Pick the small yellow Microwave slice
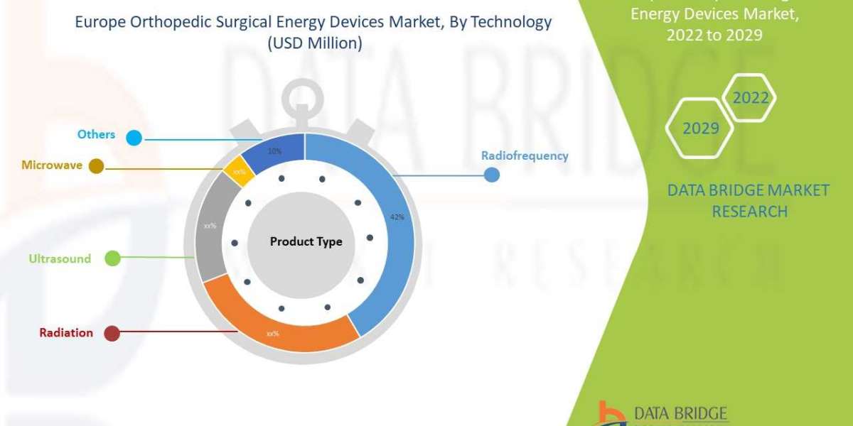239,173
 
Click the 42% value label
397,217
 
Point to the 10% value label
274,151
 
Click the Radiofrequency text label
525,155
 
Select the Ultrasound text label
60,258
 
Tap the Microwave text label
52,165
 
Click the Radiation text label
66,332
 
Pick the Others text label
97,134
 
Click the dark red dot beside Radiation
112,333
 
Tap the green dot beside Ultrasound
112,258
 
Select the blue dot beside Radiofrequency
491,174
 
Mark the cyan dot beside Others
134,137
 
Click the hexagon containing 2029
699,127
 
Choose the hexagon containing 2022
750,97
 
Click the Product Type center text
306,241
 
